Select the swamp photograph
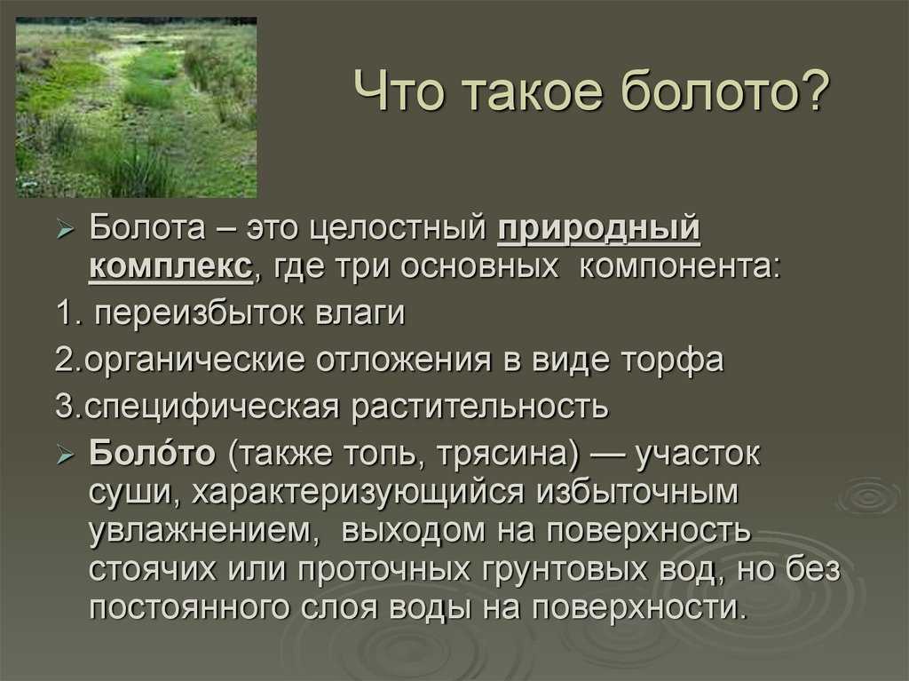click(136, 107)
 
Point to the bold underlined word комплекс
click(171, 267)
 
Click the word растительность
click(480, 407)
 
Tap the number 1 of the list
click(63, 313)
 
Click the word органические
click(194, 360)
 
